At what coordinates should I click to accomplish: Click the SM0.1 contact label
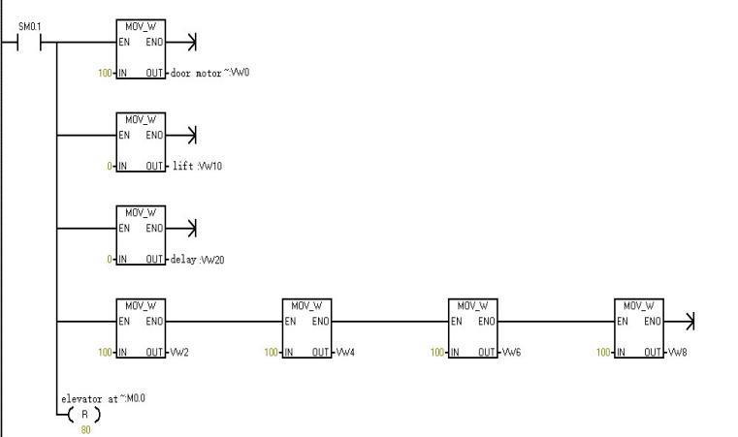(30, 26)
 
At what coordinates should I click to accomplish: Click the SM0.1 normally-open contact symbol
(39, 43)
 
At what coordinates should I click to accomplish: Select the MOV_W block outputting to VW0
(141, 48)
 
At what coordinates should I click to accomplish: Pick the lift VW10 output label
(199, 166)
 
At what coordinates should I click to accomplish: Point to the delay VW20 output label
(202, 259)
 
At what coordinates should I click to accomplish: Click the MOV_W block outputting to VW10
(141, 141)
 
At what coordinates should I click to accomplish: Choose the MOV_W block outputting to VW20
(141, 234)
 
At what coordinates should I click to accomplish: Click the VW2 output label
(179, 352)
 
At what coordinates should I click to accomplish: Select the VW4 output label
(346, 352)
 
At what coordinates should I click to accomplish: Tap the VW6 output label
(512, 352)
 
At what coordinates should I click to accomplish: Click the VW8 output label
(678, 352)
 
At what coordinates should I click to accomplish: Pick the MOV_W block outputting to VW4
(306, 328)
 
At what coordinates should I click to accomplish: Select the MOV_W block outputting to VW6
(472, 328)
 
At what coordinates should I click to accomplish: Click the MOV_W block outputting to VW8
(638, 328)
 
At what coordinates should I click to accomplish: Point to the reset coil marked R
(84, 414)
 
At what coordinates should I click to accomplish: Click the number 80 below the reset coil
(84, 428)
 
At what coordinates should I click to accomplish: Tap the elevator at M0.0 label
(103, 398)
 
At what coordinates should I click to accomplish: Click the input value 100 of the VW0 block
(105, 73)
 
